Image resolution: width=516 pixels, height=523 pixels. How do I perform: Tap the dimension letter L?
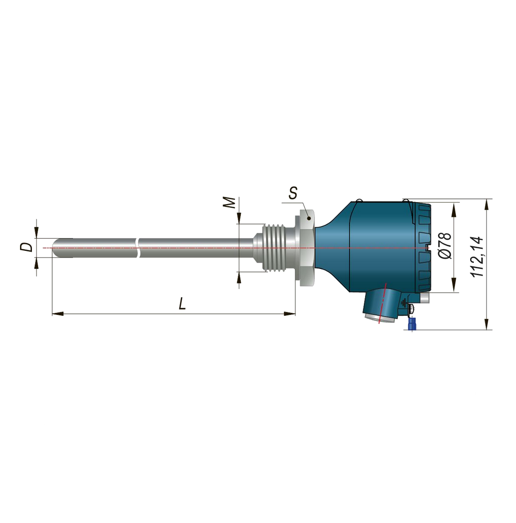182,303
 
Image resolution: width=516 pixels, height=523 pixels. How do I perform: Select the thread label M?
229,202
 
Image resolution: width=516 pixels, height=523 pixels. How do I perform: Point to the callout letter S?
293,193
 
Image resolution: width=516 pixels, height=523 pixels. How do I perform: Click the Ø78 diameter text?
444,246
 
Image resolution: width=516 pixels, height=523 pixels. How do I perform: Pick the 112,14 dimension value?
477,257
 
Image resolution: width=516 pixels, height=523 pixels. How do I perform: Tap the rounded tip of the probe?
56,248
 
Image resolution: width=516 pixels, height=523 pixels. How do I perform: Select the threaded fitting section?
275,247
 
